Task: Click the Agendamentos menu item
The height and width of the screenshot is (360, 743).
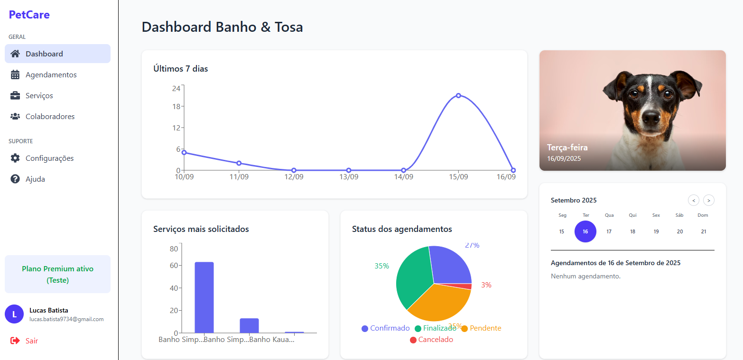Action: [51, 74]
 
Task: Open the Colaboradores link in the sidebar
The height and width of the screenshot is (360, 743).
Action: [50, 116]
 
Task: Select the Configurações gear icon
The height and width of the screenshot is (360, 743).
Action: [15, 158]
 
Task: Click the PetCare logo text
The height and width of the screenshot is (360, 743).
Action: [29, 15]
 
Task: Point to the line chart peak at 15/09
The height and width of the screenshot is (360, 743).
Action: [458, 96]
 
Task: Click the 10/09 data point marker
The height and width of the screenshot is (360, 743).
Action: [184, 152]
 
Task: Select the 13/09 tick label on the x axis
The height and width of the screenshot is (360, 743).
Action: [348, 177]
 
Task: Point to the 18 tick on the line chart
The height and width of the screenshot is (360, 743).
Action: [176, 106]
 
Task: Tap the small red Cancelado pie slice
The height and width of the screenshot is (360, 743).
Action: [468, 286]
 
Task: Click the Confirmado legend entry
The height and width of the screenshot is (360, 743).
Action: [385, 328]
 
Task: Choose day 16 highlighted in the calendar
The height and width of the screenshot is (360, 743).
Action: [585, 231]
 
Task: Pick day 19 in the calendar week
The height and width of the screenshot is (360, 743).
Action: [656, 231]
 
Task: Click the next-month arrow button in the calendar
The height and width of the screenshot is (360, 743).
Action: [708, 200]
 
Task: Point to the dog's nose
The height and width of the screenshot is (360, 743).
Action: [652, 116]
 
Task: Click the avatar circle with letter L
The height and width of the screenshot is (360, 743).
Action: [14, 314]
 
